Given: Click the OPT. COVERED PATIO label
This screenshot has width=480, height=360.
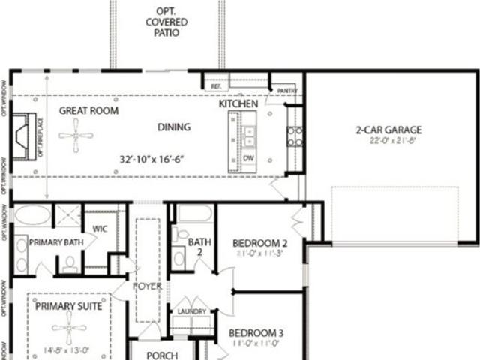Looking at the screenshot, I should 166,23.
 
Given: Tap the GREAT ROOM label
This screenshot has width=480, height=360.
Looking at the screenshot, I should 88,110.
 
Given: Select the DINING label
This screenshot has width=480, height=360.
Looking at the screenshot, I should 173,127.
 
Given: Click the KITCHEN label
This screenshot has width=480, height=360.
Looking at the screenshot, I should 238,104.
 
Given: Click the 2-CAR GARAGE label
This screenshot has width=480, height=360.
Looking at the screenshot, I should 388,129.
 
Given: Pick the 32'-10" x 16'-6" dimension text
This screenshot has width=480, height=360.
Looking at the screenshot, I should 152,160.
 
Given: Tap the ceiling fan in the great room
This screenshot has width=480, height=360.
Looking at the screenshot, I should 76,136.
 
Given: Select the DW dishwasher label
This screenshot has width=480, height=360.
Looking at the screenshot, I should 247,157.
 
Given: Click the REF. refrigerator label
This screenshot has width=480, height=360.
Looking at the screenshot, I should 216,87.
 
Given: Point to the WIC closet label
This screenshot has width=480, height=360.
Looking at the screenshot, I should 101,228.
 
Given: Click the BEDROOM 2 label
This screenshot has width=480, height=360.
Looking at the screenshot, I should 260,242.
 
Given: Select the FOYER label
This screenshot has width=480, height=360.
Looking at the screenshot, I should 147,286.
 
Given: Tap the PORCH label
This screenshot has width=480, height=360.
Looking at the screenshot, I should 161,355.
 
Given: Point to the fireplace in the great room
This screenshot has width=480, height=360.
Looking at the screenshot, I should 22,135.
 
